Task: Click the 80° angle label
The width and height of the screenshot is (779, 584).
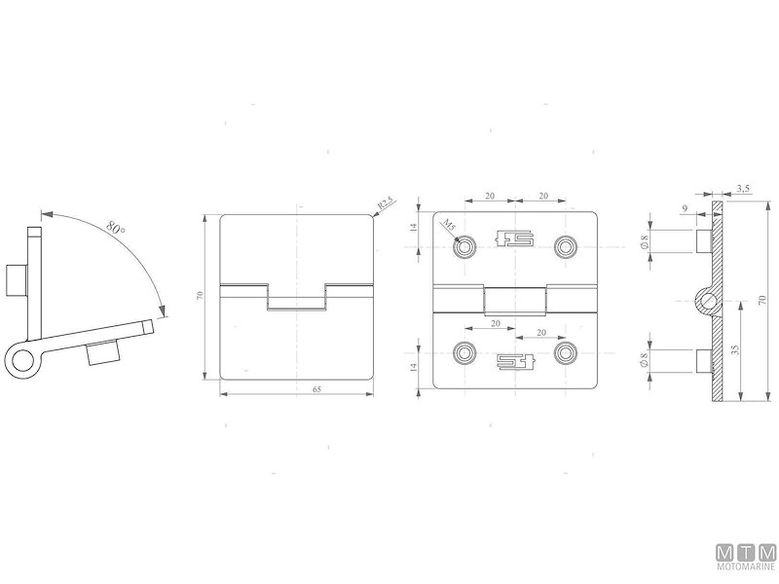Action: point(115,229)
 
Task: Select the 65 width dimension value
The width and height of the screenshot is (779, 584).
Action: point(297,389)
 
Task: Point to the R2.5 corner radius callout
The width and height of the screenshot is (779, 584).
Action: point(385,202)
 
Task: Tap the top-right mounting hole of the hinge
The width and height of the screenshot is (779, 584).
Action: point(565,244)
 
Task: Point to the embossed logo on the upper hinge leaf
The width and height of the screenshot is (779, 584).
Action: point(515,238)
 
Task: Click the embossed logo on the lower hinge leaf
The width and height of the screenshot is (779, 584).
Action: point(515,361)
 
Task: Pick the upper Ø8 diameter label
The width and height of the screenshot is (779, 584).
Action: point(647,239)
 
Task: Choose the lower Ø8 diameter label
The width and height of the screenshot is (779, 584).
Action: point(647,360)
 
